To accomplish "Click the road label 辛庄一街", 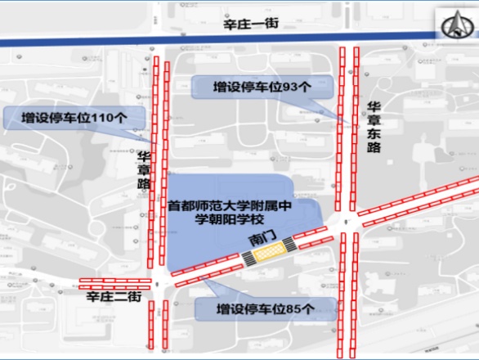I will coord(251,25).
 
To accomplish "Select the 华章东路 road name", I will coord(374,126).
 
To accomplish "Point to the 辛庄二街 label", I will coord(114,299).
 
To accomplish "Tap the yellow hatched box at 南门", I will coord(267,254).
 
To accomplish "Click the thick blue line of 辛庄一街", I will coord(98,37).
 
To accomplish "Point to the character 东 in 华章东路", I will coord(374,133).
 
